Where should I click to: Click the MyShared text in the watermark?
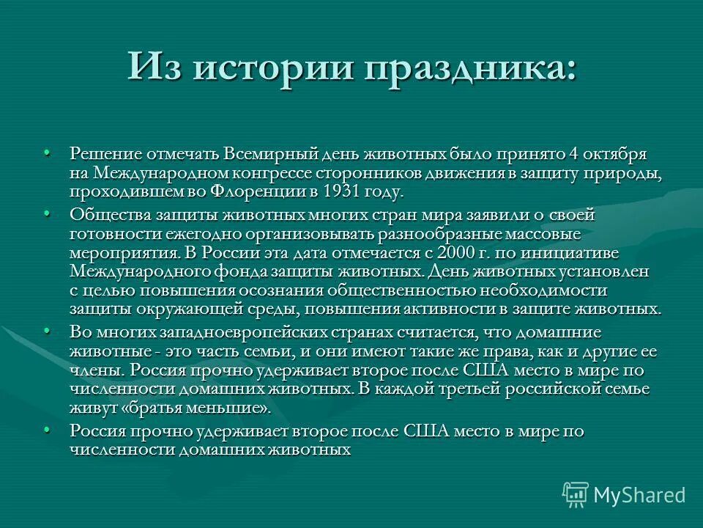(639, 495)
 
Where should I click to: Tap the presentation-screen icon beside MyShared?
(576, 495)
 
